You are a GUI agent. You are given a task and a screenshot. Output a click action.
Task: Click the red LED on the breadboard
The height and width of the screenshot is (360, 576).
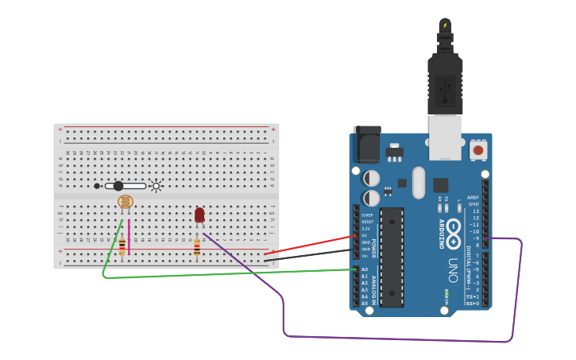[199, 215]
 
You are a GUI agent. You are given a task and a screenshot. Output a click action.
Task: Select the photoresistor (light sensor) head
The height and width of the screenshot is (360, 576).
[125, 202]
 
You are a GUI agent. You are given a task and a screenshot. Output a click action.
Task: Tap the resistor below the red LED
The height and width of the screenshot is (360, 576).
[197, 248]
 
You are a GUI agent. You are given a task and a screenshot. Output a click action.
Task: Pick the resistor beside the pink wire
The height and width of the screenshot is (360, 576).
[122, 247]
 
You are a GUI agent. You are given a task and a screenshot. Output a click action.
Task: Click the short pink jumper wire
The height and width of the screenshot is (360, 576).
[129, 237]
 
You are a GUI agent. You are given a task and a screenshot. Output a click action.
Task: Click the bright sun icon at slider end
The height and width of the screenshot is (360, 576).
[156, 187]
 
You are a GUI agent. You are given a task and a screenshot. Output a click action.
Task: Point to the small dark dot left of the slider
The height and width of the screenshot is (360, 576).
[97, 186]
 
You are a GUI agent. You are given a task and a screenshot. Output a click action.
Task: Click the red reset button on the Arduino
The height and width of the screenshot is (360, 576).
[478, 149]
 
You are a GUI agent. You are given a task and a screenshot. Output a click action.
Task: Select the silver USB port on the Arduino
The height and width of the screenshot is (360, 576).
[445, 132]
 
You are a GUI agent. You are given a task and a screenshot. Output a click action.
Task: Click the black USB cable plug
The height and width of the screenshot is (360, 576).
[445, 83]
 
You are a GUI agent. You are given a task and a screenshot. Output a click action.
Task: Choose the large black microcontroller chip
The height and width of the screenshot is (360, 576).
[392, 257]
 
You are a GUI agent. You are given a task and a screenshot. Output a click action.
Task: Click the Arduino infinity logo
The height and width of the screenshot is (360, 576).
[454, 233]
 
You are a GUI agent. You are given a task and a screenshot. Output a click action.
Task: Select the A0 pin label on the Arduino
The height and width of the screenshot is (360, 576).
[365, 269]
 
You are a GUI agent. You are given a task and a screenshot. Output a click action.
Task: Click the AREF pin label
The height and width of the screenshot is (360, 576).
[474, 198]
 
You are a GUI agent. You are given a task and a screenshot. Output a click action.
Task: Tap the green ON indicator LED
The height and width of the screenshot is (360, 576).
[446, 292]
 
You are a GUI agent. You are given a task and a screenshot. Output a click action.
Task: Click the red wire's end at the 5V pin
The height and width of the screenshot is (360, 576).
[354, 236]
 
